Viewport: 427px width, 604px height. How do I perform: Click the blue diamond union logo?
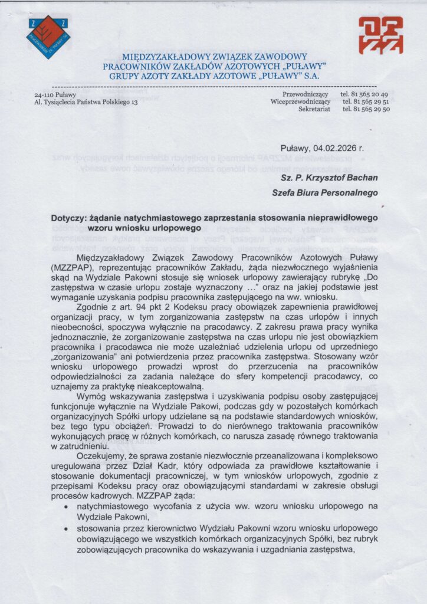pos(48,37)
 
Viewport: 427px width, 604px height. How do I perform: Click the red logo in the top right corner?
pos(380,35)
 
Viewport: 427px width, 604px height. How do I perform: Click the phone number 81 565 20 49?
pos(364,94)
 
